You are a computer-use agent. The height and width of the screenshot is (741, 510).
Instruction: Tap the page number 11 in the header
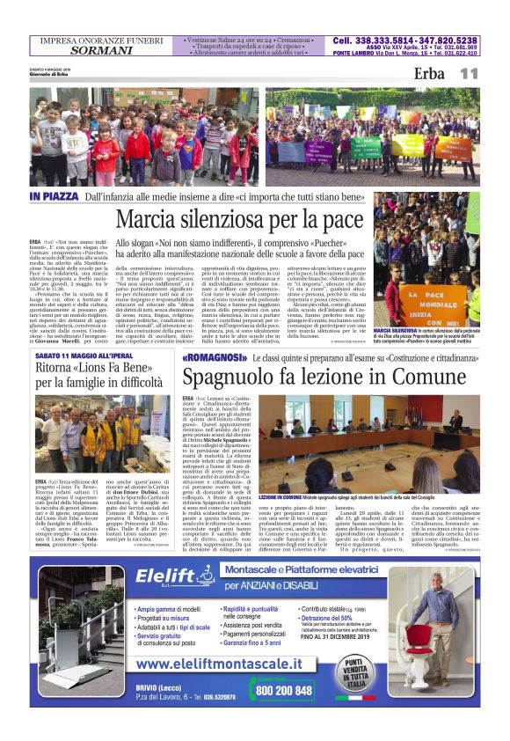click(x=468, y=74)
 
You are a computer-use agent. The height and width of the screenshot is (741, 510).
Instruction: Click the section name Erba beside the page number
click(x=429, y=74)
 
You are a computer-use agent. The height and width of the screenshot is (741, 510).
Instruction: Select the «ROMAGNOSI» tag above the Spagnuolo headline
click(x=213, y=359)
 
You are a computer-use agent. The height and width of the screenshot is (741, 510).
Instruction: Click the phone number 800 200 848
click(x=284, y=691)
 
